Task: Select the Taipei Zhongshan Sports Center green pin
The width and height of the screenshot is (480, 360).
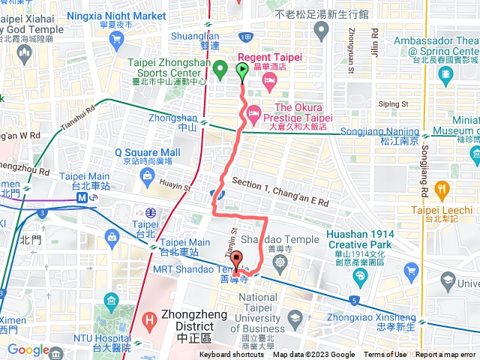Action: coord(220,71)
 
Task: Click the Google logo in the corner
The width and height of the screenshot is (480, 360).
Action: coord(28,350)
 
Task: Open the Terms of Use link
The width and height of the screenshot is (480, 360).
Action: coord(385,355)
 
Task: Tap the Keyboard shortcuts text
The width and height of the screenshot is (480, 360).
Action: coord(232,355)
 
